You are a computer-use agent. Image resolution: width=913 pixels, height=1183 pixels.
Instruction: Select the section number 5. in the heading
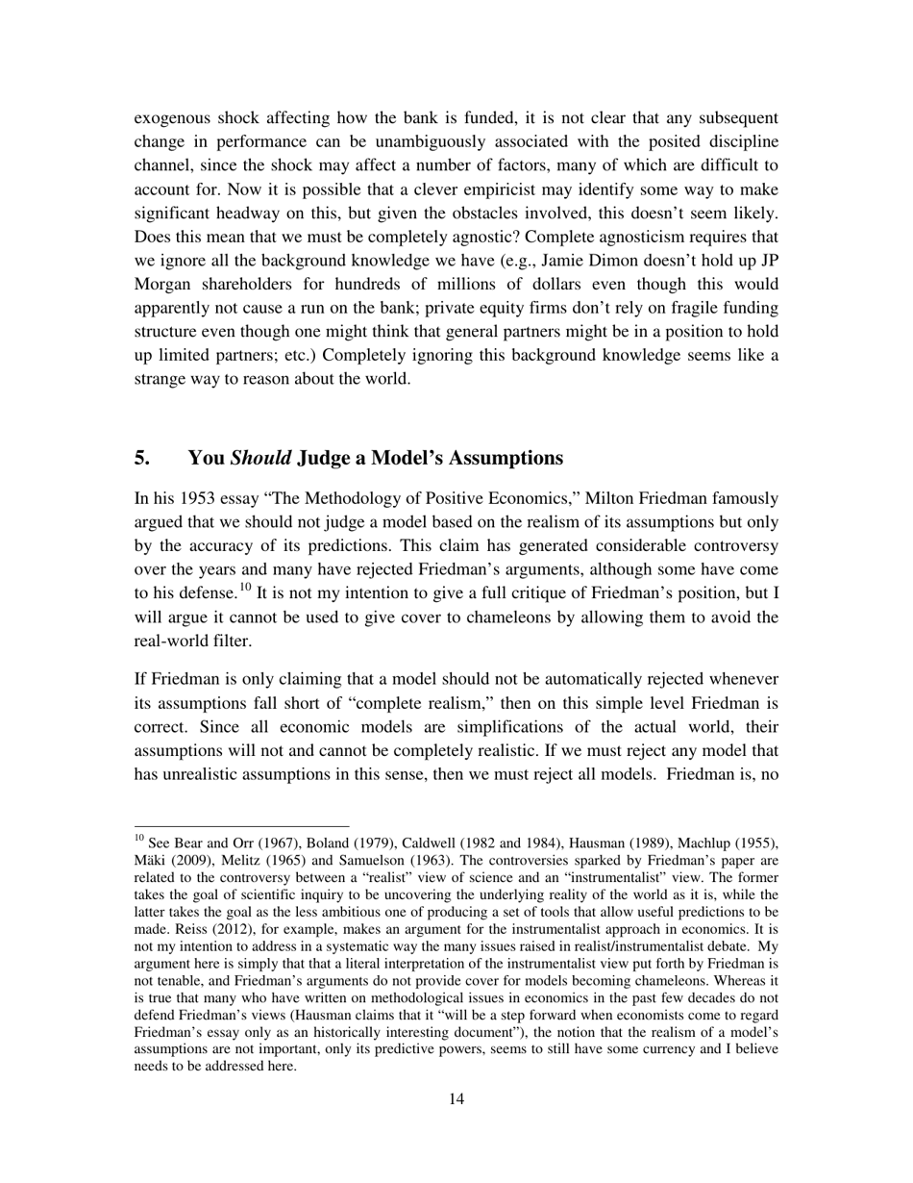(x=142, y=457)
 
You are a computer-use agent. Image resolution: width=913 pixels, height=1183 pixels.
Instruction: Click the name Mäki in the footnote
(x=151, y=860)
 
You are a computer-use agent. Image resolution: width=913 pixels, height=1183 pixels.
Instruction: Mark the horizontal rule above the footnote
(x=241, y=825)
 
